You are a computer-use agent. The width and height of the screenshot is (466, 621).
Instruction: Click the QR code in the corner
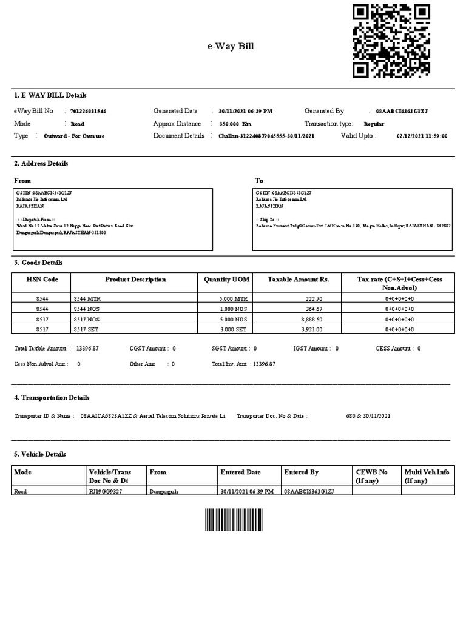[x=391, y=41]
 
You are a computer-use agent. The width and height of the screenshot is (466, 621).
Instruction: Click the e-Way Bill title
[x=231, y=46]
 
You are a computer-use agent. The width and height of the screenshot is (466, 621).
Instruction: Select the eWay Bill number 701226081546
[x=89, y=112]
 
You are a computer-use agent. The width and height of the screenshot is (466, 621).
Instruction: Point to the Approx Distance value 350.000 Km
[x=235, y=124]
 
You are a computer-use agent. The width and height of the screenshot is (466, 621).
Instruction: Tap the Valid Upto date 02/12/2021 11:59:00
[x=422, y=136]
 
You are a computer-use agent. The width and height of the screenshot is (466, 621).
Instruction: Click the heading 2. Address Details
[x=41, y=164]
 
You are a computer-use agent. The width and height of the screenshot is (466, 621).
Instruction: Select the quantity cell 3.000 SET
[x=234, y=329]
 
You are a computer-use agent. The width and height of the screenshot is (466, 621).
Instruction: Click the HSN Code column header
[x=41, y=280]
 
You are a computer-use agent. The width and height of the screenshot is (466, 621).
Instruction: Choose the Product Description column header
[x=135, y=280]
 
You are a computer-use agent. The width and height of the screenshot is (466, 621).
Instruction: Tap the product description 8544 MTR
[x=86, y=299]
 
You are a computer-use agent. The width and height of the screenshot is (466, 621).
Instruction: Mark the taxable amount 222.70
[x=312, y=299]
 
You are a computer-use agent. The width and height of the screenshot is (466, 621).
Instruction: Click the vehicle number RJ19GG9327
[x=106, y=491]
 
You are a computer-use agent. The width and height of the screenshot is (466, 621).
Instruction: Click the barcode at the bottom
[x=234, y=520]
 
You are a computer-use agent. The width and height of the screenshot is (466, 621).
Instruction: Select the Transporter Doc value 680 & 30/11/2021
[x=368, y=415]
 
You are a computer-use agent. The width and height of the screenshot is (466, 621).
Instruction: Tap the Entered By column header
[x=302, y=472]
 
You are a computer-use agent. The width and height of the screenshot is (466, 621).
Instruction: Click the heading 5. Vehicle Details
[x=40, y=454]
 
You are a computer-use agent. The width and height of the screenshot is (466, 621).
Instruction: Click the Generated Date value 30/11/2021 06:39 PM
[x=245, y=112]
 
